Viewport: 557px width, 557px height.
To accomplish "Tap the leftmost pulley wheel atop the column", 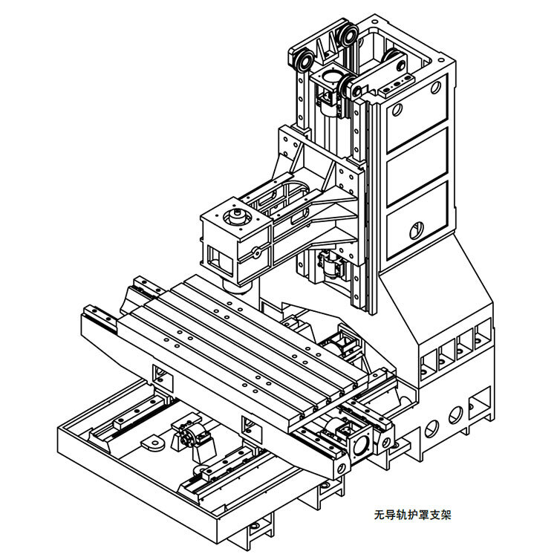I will click(301, 62).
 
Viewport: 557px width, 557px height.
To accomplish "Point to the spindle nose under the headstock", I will click(237, 287).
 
